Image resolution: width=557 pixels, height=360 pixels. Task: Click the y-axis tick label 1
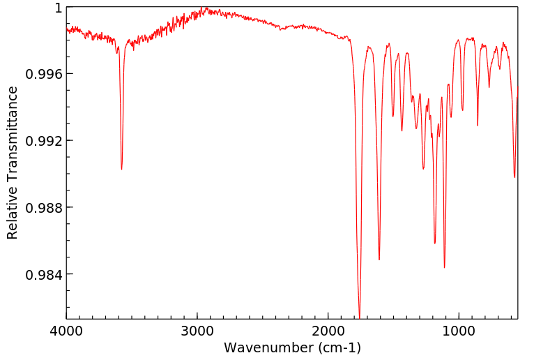point(59,8)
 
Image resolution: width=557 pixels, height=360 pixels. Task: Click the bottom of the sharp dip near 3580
point(121,170)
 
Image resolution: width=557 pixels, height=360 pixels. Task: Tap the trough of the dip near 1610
point(379,260)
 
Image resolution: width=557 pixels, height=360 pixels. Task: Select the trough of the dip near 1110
point(444,267)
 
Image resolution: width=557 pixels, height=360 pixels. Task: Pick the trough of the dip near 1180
point(435,243)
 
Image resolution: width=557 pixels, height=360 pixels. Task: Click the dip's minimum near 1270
point(423,169)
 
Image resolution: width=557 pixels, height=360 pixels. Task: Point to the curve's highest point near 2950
point(204,8)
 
